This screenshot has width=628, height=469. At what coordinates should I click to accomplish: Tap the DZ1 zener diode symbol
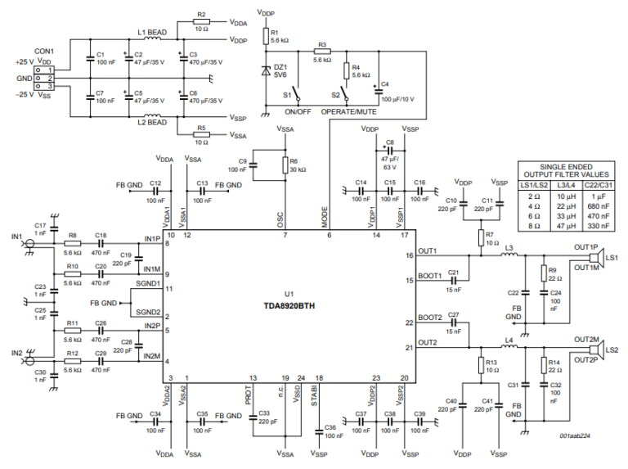click(x=266, y=70)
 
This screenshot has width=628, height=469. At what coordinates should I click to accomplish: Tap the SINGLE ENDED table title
click(x=569, y=166)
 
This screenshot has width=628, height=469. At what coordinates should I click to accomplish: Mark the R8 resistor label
click(x=72, y=234)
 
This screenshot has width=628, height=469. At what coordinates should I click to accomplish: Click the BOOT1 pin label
click(x=429, y=275)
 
